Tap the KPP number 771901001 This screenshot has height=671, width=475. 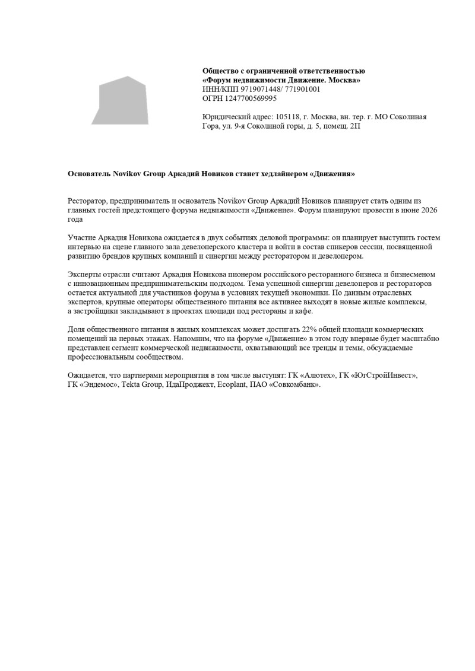pos(302,90)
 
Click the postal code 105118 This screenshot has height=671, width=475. pos(288,117)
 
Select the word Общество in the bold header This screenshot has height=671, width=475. pos(221,71)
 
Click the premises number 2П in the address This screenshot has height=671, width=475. pos(355,126)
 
